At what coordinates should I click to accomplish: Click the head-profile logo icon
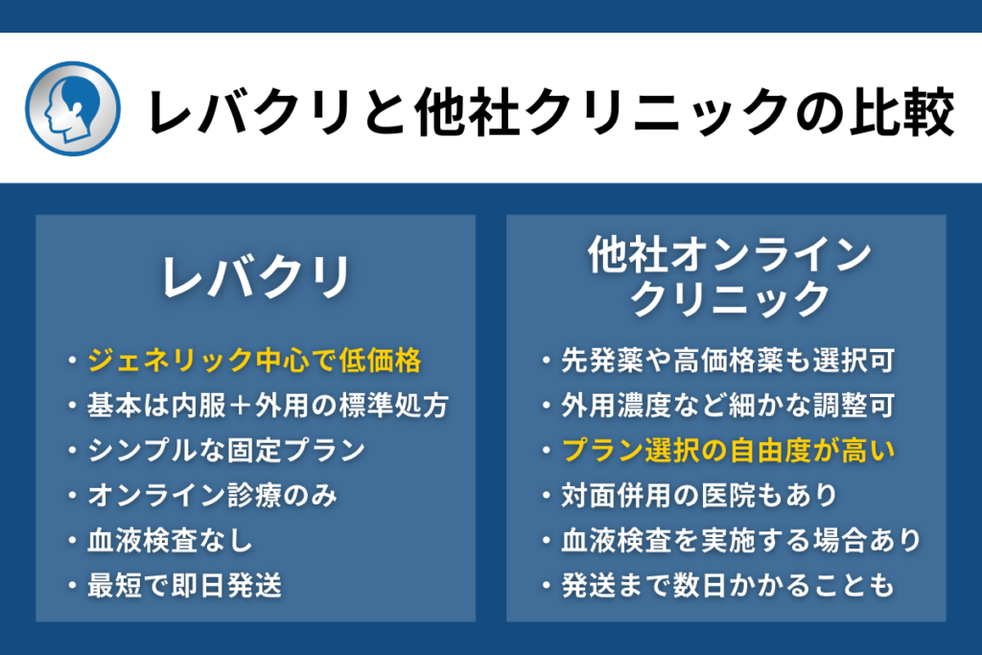[x=73, y=108]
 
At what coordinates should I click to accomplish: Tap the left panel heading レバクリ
[x=255, y=277]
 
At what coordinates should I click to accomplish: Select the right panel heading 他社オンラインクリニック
[x=730, y=275]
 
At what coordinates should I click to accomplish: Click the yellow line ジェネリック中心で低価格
[x=254, y=361]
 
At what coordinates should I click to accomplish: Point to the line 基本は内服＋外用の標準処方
[x=269, y=406]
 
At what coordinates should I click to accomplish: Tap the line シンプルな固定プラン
[x=226, y=451]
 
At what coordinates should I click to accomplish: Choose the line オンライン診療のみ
[x=212, y=495]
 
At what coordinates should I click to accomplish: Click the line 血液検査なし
[x=170, y=541]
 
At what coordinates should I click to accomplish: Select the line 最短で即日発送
[x=185, y=586]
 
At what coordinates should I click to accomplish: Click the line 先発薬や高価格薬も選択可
[x=728, y=361]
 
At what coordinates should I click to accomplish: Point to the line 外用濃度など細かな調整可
[x=728, y=406]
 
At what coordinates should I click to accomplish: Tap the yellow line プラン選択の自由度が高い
[x=728, y=451]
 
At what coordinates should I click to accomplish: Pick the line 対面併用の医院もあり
[x=699, y=495]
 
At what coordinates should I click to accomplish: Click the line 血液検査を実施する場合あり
[x=741, y=541]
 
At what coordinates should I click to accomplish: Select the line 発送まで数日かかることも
[x=728, y=586]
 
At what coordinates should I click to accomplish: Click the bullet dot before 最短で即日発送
[x=73, y=586]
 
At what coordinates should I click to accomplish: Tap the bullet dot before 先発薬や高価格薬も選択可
[x=547, y=361]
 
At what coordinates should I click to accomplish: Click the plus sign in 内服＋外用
[x=241, y=406]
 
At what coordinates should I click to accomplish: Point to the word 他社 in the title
[x=467, y=112]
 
